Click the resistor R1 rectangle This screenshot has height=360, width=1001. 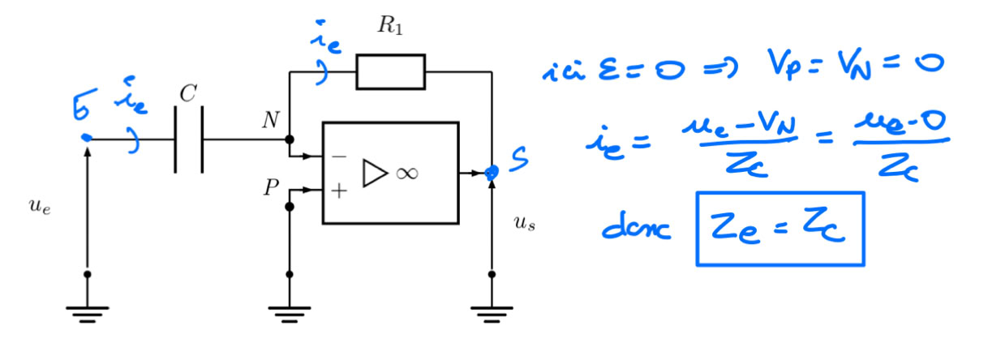(390, 72)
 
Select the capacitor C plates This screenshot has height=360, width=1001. (188, 139)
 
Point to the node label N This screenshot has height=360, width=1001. (269, 122)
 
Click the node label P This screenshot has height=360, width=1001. (270, 189)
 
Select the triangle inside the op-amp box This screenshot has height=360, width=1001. (374, 173)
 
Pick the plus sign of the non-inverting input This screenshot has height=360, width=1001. (339, 191)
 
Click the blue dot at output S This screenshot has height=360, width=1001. (491, 172)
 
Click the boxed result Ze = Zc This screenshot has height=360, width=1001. (779, 229)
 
